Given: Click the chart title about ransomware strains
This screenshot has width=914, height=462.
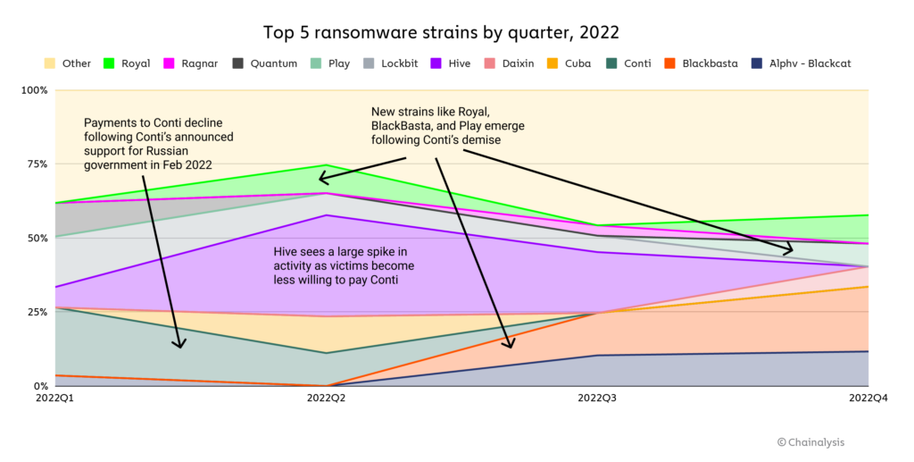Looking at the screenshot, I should point(441,32).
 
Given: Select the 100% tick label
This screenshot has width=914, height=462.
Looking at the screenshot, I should point(33,90).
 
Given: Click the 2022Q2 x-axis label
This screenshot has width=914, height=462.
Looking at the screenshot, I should point(327,398).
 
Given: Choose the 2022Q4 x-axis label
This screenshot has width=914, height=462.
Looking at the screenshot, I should point(868,398).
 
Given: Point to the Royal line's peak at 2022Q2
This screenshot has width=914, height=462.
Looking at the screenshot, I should point(327,165).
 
